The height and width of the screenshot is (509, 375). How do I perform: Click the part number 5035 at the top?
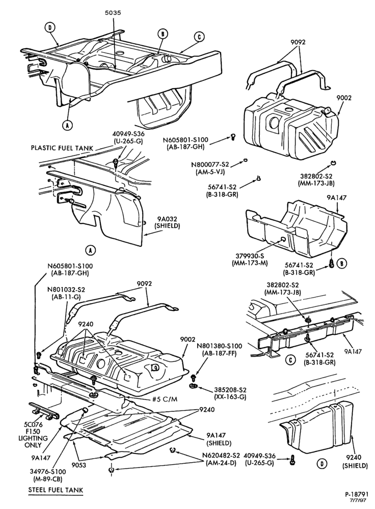(113, 13)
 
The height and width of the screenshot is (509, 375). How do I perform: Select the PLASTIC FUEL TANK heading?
(62, 148)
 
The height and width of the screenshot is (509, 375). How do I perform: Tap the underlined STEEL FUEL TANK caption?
(56, 490)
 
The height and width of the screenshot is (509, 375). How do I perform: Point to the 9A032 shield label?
(168, 219)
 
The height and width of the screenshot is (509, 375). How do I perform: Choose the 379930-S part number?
(250, 256)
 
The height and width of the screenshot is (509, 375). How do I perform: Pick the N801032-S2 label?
(66, 289)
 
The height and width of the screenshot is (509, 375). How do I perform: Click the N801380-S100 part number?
(220, 346)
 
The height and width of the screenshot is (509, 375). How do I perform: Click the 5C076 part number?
(33, 425)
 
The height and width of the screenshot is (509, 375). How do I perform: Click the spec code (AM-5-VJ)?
(210, 172)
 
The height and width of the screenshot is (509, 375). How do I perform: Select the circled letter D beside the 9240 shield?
(322, 464)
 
